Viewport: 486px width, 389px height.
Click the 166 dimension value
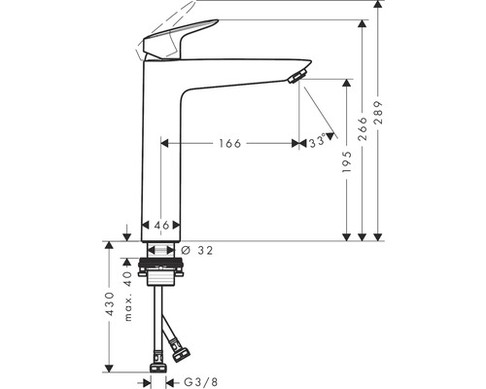pos(229,143)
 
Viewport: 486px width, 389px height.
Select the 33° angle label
pos(316,142)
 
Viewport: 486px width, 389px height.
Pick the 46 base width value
pos(162,226)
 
